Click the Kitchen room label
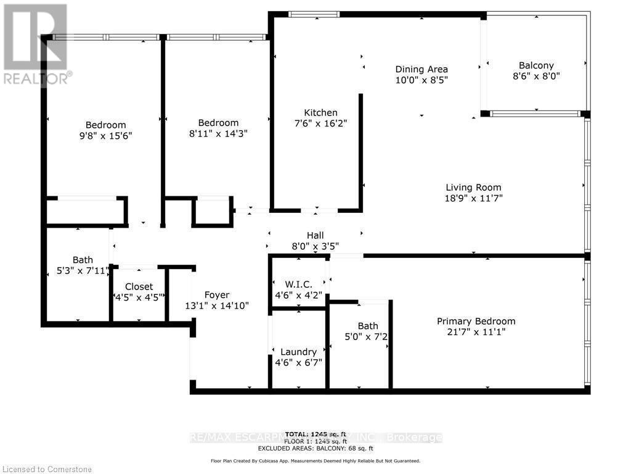pyautogui.click(x=320, y=112)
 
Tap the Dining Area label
pyautogui.click(x=421, y=69)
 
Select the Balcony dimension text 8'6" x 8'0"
pyautogui.click(x=536, y=76)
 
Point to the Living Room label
pyautogui.click(x=473, y=188)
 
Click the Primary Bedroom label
pyautogui.click(x=476, y=321)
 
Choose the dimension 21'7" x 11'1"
pyautogui.click(x=476, y=332)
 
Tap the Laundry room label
pyautogui.click(x=298, y=352)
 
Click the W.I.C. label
pyautogui.click(x=298, y=284)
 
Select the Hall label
pyautogui.click(x=315, y=235)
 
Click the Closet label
pyautogui.click(x=139, y=286)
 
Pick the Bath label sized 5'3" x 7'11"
pyautogui.click(x=82, y=260)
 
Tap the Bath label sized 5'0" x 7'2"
pyautogui.click(x=368, y=326)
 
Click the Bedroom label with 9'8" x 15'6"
pyautogui.click(x=105, y=125)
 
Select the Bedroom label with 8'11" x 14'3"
pyautogui.click(x=218, y=123)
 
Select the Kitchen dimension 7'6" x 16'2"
pyautogui.click(x=320, y=123)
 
